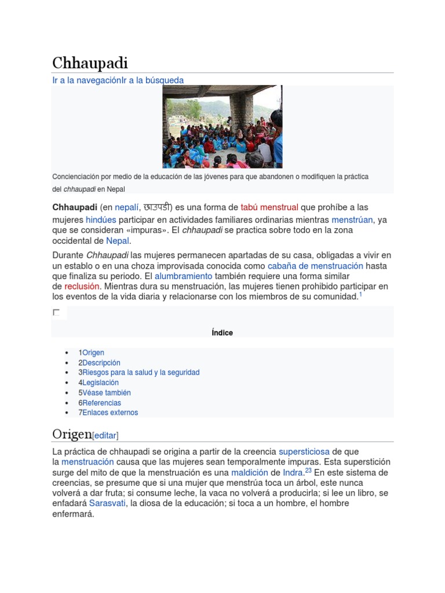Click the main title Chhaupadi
pyautogui.click(x=90, y=63)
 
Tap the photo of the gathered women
pyautogui.click(x=222, y=127)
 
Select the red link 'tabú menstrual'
pyautogui.click(x=269, y=207)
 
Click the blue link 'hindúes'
pyautogui.click(x=101, y=219)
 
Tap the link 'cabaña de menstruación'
pyautogui.click(x=316, y=266)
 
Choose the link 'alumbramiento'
pyautogui.click(x=184, y=276)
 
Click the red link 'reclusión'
pyautogui.click(x=82, y=286)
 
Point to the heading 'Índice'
pyautogui.click(x=222, y=332)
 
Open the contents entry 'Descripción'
pyautogui.click(x=101, y=363)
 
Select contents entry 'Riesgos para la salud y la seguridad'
pyautogui.click(x=141, y=372)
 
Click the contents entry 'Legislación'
pyautogui.click(x=100, y=382)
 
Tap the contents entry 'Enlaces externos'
pyautogui.click(x=110, y=412)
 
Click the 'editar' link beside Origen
pyautogui.click(x=105, y=435)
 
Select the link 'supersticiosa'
pyautogui.click(x=304, y=451)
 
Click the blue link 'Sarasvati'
pyautogui.click(x=108, y=503)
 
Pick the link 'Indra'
pyautogui.click(x=293, y=472)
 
